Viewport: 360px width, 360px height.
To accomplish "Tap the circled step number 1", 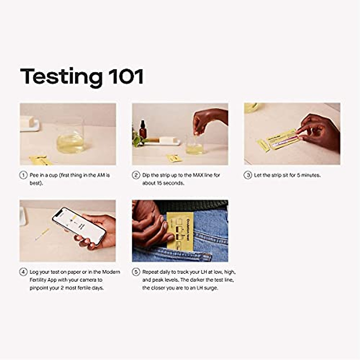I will [x=23, y=175].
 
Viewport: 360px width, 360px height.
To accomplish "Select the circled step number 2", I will [x=136, y=175].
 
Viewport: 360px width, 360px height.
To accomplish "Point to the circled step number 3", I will [x=247, y=175].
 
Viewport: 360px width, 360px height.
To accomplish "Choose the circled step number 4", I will [x=23, y=272].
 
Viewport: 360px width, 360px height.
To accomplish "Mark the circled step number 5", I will [x=136, y=272].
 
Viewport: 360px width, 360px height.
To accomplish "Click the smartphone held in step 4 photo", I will [x=79, y=226].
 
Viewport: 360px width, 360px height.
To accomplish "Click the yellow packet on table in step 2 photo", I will [x=174, y=158].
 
